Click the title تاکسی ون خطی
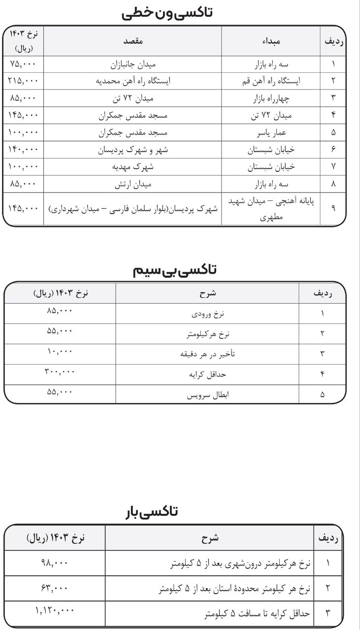click(x=167, y=13)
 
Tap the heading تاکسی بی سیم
click(x=175, y=269)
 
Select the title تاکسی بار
click(x=150, y=512)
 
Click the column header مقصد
click(x=133, y=42)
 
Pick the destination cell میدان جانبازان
click(x=133, y=64)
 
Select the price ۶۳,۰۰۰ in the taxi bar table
click(x=55, y=587)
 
